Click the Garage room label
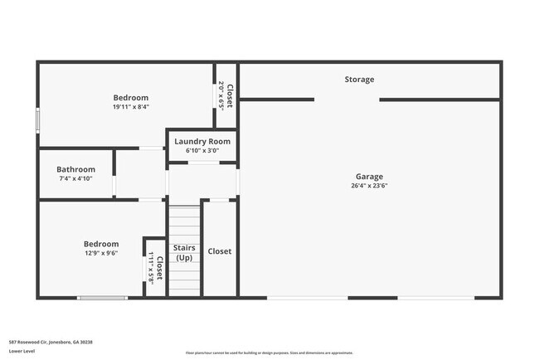369,177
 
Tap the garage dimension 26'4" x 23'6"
369,186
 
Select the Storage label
359,80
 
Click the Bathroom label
75,169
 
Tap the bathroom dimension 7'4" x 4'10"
75,178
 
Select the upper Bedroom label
131,98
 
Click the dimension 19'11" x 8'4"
131,107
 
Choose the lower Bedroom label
101,244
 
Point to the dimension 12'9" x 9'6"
101,253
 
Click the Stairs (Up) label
184,252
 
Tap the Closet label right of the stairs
220,251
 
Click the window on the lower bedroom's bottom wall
103,298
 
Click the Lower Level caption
22,352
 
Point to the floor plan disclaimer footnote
269,353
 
